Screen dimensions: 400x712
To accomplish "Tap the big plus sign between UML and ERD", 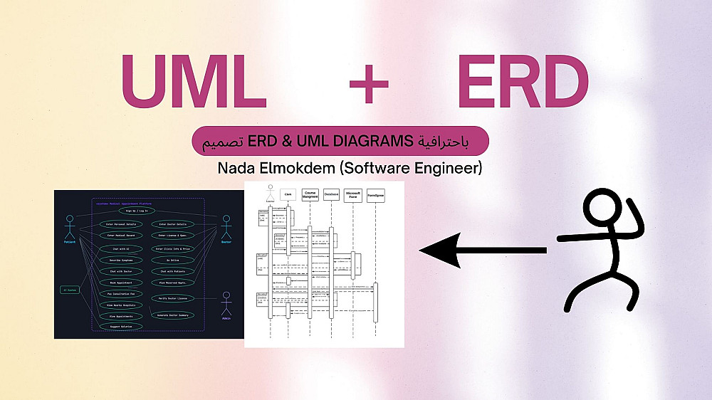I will pyautogui.click(x=369, y=84).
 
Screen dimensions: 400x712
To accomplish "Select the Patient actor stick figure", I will pyautogui.click(x=70, y=228).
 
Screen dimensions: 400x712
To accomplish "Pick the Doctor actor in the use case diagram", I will pyautogui.click(x=226, y=228).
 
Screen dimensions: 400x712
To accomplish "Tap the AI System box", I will pyautogui.click(x=70, y=290).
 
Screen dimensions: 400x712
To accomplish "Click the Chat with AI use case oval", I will pyautogui.click(x=122, y=249).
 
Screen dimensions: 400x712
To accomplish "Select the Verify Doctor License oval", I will pyautogui.click(x=172, y=298).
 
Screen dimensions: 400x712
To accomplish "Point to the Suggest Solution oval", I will pyautogui.click(x=122, y=326).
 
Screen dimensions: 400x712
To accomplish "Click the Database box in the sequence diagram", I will pyautogui.click(x=331, y=194).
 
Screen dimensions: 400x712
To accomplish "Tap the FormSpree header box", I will pyautogui.click(x=376, y=194).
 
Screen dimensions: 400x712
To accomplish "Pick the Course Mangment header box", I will pyautogui.click(x=310, y=194).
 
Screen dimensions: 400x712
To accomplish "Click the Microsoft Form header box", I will pyautogui.click(x=353, y=194).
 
